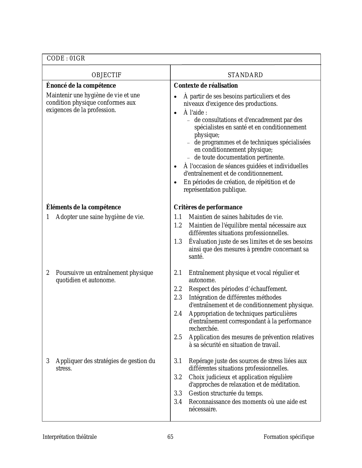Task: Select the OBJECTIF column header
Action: tap(106, 75)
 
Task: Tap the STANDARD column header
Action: tap(245, 75)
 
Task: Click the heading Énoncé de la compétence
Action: tap(81, 86)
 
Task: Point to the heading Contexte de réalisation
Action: tap(206, 86)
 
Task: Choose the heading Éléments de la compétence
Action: tap(83, 207)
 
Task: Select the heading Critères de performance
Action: tap(208, 207)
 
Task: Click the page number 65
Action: tap(170, 437)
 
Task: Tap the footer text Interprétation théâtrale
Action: tap(70, 437)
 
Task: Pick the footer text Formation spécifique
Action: tap(289, 437)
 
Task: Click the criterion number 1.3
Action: tap(178, 242)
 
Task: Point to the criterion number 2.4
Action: tap(178, 314)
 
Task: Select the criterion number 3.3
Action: tap(178, 393)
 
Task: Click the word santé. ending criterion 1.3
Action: tap(196, 257)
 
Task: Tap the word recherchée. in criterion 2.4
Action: tap(204, 329)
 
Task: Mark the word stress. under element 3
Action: tap(64, 369)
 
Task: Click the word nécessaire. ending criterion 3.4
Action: tap(203, 410)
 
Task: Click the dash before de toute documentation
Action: tap(188, 158)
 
